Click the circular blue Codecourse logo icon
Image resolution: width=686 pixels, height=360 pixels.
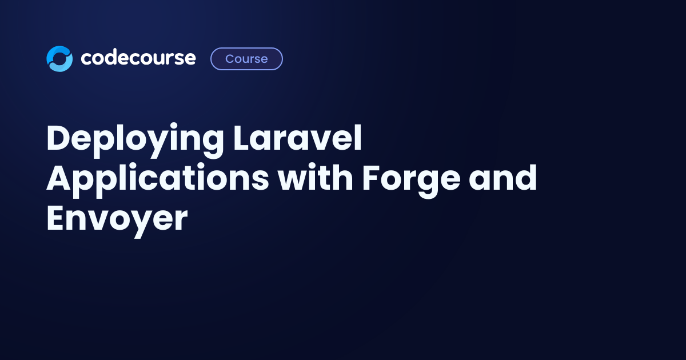coord(59,59)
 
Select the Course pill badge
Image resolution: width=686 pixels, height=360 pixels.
coord(246,59)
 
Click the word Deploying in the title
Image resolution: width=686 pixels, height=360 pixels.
coord(135,140)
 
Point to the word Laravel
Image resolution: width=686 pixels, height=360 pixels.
coord(297,138)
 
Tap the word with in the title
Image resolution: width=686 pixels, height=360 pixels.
coord(315,177)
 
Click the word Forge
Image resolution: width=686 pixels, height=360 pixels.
coord(411,180)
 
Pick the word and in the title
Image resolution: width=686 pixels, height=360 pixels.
coord(503,177)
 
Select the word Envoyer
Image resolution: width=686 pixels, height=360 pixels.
coord(117,221)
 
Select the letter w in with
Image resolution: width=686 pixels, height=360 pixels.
coord(293,181)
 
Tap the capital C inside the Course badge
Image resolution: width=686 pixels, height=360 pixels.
coord(230,59)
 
